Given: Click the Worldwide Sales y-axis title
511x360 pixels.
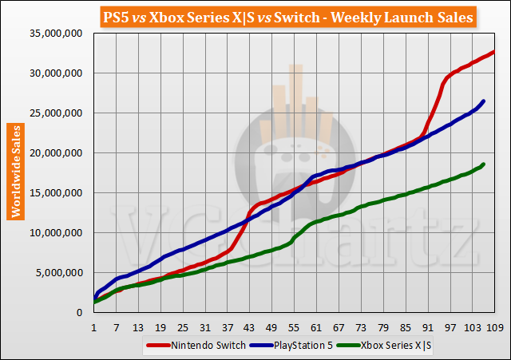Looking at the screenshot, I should click(15, 171).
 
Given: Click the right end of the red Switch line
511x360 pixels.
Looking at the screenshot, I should click(493, 52).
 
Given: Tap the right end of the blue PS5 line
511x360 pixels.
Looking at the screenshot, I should click(484, 101).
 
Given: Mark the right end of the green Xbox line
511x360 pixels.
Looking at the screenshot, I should click(484, 164).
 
